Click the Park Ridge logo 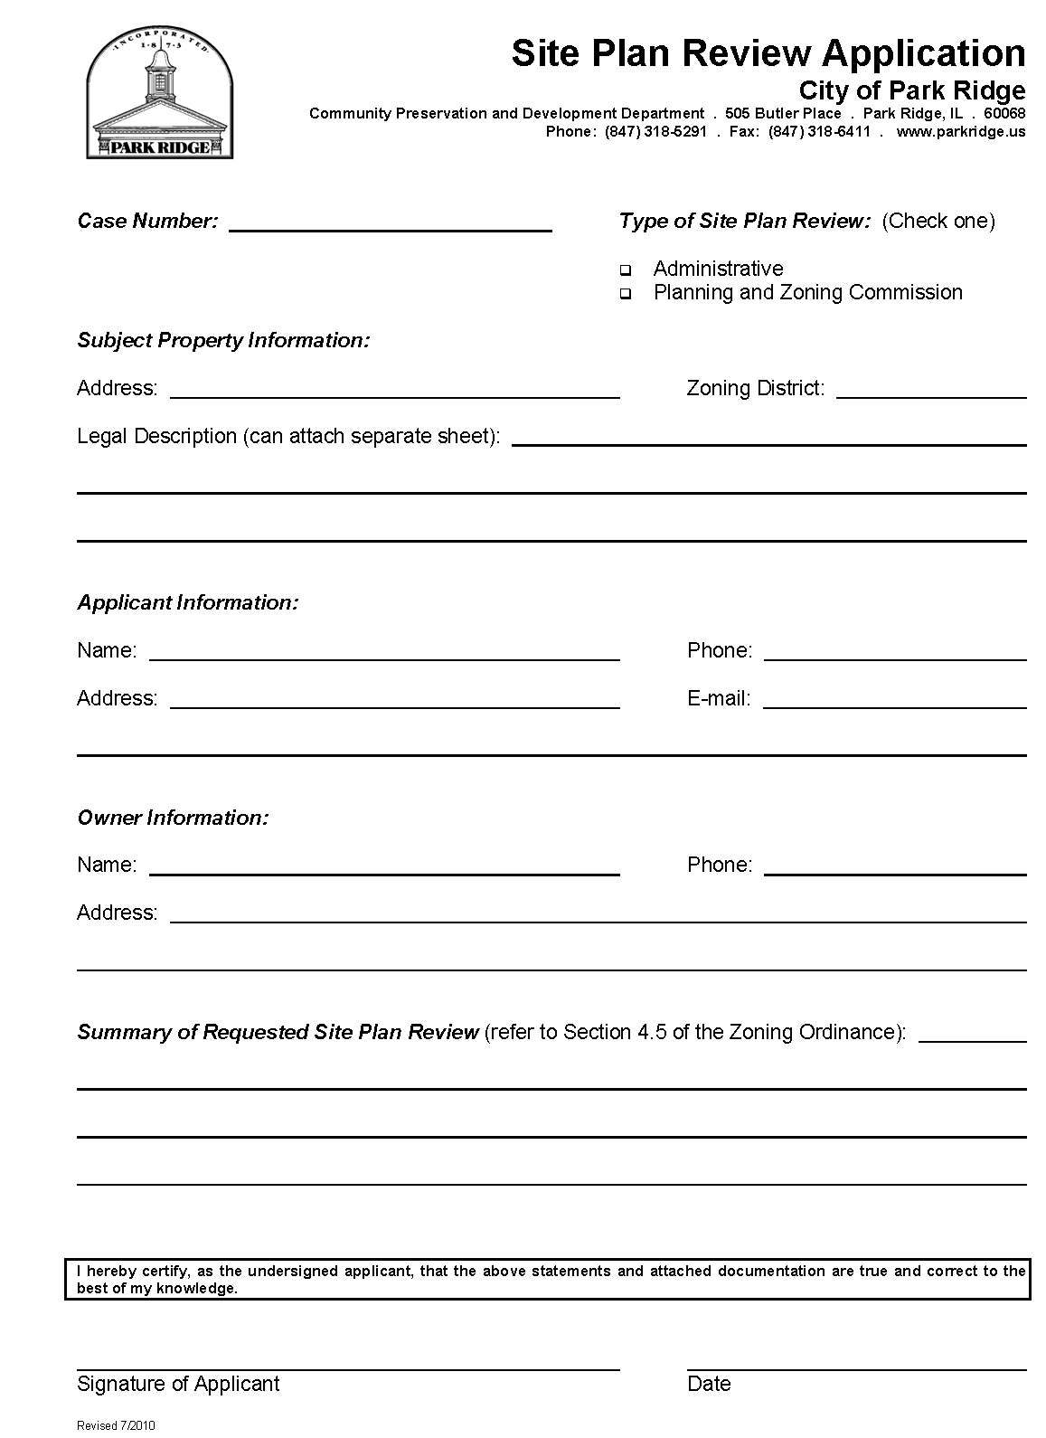[159, 97]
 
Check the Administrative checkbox [625, 270]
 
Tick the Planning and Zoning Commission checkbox [625, 295]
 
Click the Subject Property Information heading [223, 341]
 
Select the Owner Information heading [173, 818]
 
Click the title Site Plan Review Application [768, 53]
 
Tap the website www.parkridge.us [961, 131]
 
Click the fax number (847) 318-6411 [819, 131]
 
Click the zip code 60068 [1004, 113]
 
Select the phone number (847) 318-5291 [655, 131]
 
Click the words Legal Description [156, 437]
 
